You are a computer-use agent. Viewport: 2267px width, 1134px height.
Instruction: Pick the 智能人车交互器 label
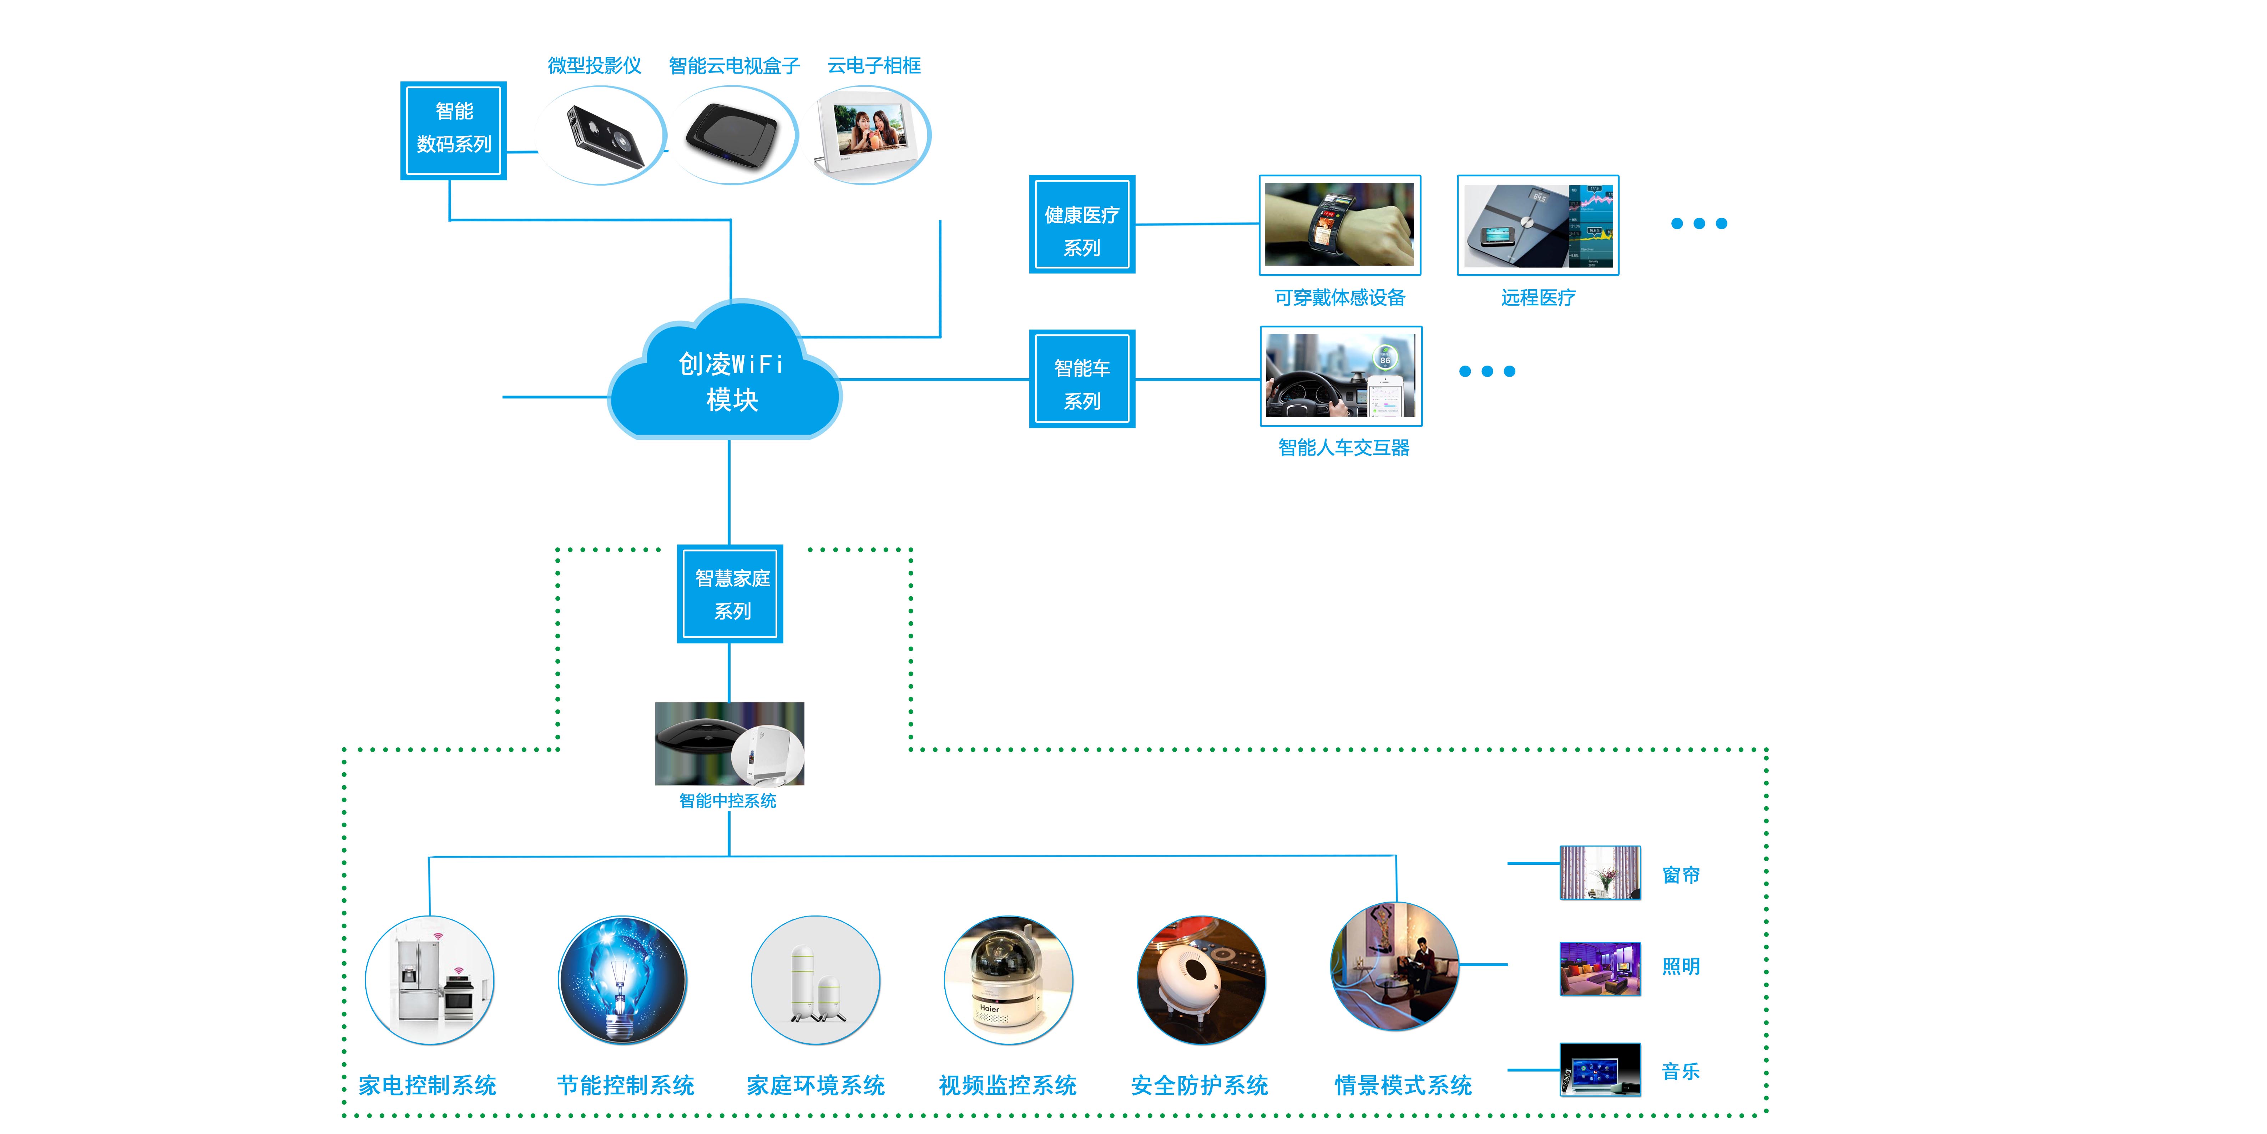click(x=1343, y=447)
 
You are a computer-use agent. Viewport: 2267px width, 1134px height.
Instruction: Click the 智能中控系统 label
click(x=728, y=800)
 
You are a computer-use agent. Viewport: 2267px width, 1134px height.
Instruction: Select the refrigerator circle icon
click(x=429, y=980)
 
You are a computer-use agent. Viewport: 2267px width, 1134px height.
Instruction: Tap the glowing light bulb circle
click(x=622, y=980)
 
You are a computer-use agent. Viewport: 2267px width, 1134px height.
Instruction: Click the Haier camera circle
click(x=1008, y=980)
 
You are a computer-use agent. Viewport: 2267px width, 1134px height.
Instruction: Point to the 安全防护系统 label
click(x=1200, y=1085)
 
